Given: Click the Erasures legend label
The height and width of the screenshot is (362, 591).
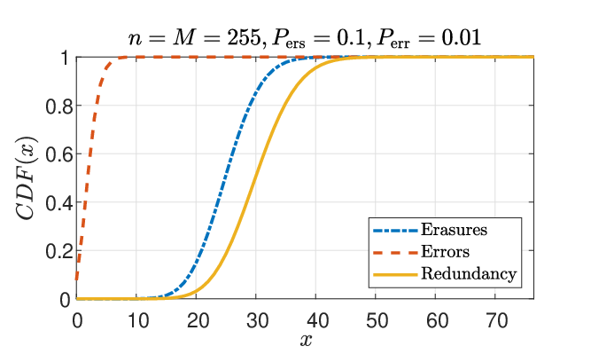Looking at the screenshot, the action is click(x=454, y=230).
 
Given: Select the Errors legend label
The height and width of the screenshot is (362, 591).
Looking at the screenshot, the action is click(x=445, y=251).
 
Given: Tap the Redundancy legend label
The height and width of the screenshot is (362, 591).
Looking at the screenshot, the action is click(x=469, y=274).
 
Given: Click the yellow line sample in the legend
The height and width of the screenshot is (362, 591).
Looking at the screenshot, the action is click(x=395, y=274).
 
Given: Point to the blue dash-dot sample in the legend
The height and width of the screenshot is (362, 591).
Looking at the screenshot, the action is click(x=395, y=230).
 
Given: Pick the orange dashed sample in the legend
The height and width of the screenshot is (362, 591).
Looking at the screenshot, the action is click(x=395, y=252).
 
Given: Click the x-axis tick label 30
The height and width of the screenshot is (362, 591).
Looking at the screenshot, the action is click(x=257, y=321).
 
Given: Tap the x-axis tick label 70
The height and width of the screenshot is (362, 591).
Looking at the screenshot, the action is click(x=497, y=321).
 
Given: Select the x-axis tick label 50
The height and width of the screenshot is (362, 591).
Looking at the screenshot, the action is click(x=377, y=321).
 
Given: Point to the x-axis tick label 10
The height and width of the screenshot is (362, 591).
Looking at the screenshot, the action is click(x=138, y=321).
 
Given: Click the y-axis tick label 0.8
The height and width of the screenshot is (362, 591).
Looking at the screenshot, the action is click(x=59, y=106).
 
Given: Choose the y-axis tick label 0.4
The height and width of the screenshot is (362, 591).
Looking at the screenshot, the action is click(x=59, y=204).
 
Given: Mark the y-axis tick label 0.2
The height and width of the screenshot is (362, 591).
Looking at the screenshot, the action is click(x=59, y=252).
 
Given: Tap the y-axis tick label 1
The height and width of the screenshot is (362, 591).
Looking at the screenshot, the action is click(x=66, y=59).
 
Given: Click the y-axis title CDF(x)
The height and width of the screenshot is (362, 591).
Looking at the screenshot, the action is click(x=27, y=177).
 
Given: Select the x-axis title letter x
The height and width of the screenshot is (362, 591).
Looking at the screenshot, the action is click(x=306, y=341).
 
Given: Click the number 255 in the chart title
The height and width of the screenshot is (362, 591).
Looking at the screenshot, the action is click(x=244, y=38).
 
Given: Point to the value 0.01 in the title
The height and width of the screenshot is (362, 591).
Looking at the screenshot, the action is click(x=462, y=38).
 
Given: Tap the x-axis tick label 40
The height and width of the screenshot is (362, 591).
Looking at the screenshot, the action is click(x=317, y=321).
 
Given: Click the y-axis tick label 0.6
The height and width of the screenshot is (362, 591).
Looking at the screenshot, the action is click(x=59, y=155).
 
